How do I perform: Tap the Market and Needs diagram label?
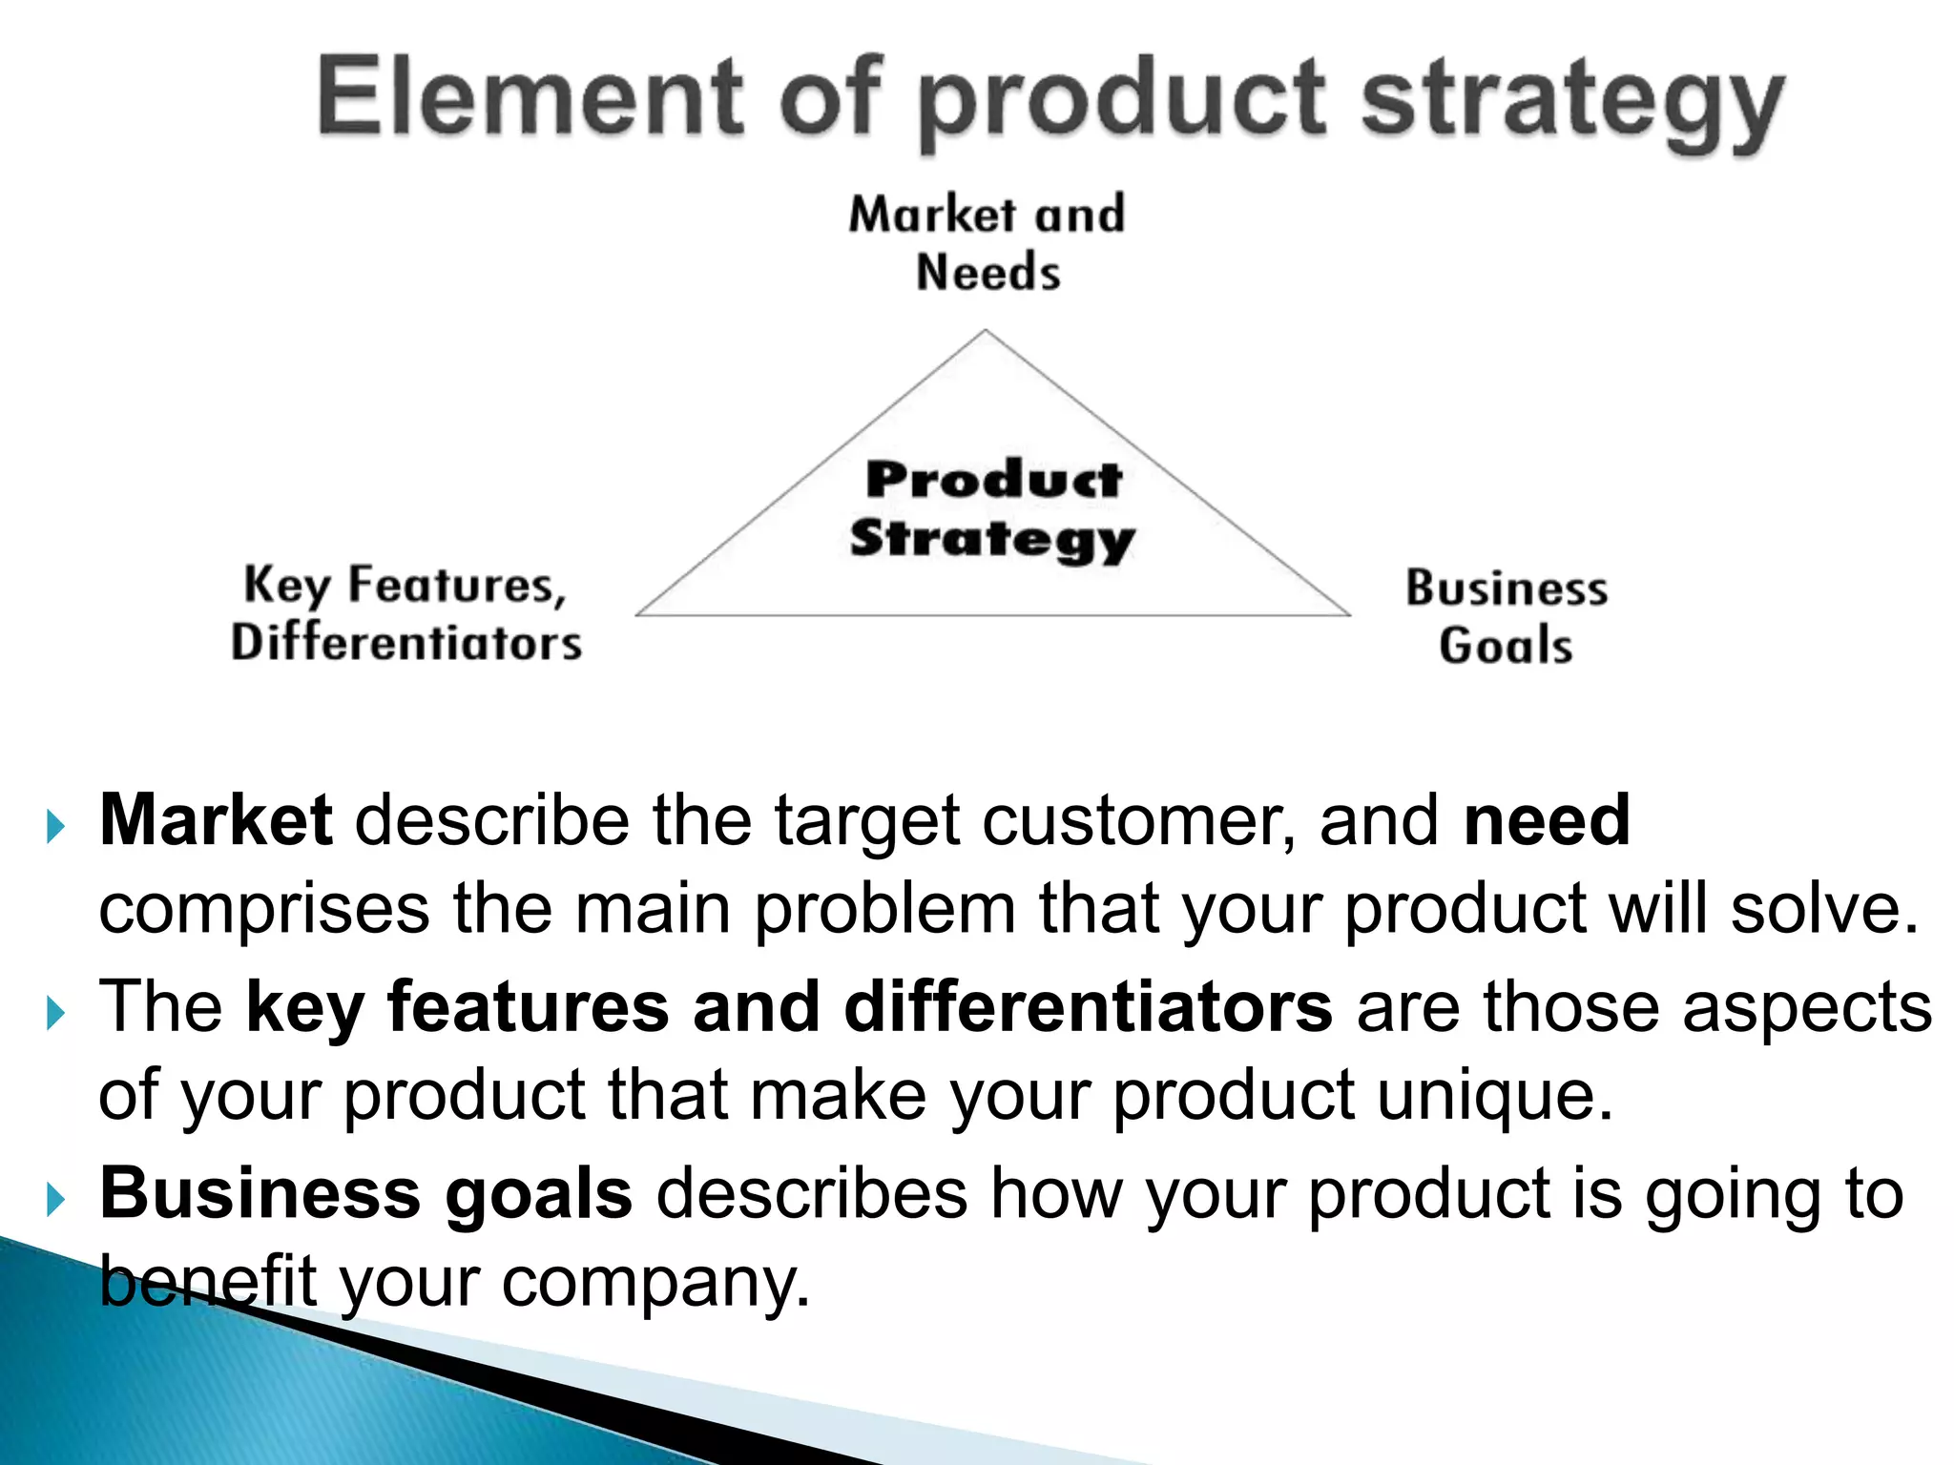click(x=987, y=242)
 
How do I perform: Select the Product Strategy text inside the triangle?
click(x=992, y=509)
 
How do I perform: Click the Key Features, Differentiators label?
click(x=406, y=612)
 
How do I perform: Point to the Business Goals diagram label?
click(x=1506, y=616)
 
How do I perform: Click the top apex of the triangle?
click(x=986, y=332)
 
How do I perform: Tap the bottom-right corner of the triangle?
click(x=1348, y=614)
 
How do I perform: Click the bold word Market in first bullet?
click(x=216, y=819)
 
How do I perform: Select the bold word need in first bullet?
click(x=1547, y=819)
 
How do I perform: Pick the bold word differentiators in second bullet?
click(x=1088, y=1006)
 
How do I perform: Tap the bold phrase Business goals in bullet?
click(x=365, y=1193)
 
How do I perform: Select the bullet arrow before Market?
click(x=55, y=826)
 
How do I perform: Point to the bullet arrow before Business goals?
click(x=55, y=1199)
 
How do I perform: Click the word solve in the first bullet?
click(x=1821, y=909)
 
